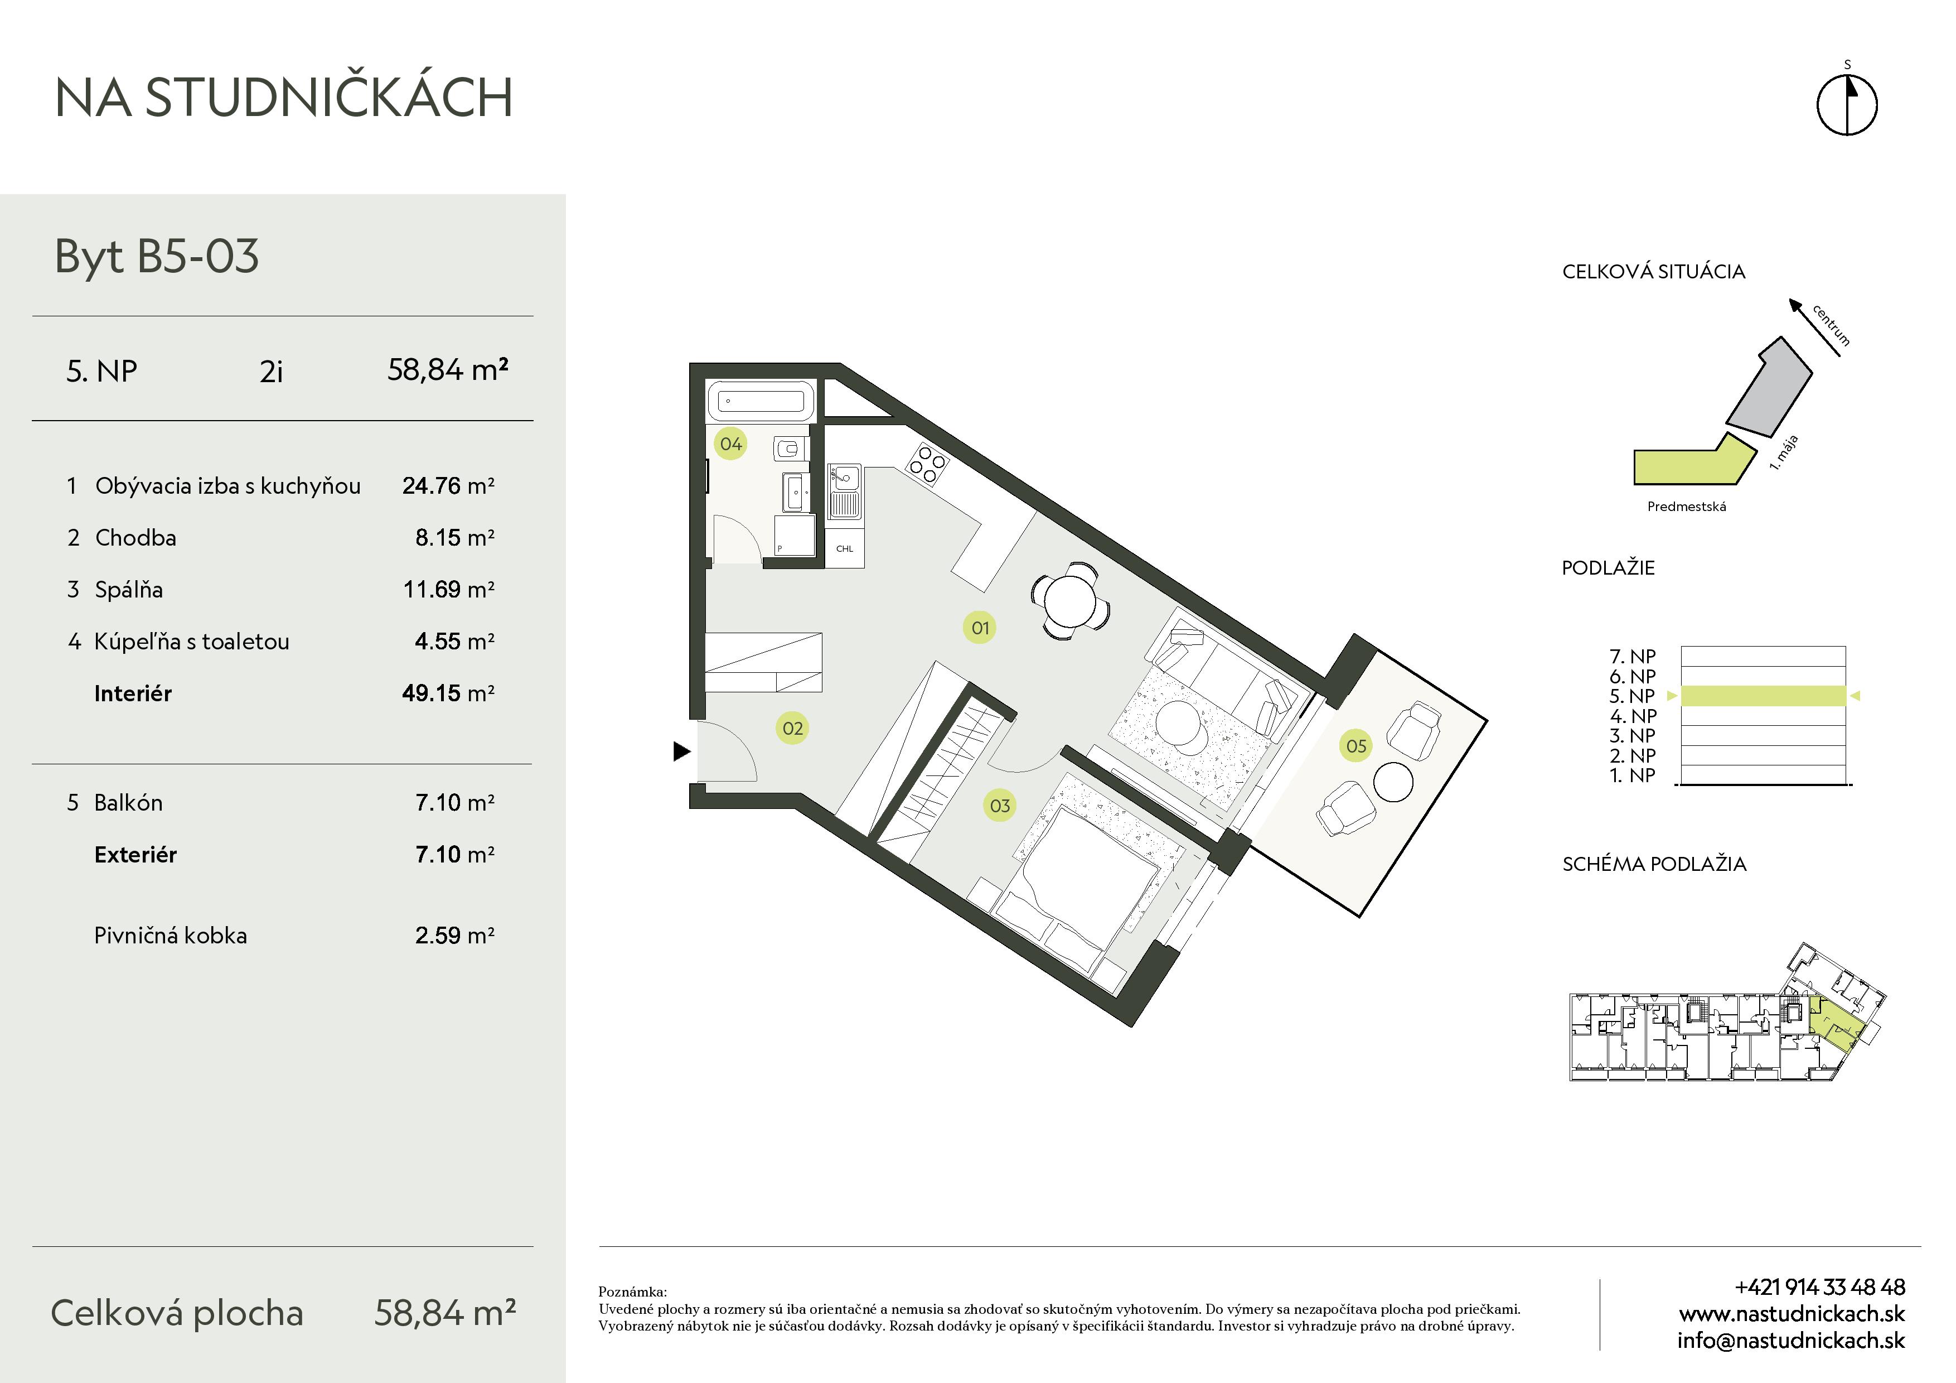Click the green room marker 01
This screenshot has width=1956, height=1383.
[980, 628]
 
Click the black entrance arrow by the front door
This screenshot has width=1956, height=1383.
[681, 751]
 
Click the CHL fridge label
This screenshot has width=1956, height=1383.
[844, 549]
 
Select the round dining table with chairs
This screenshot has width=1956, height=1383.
[1070, 601]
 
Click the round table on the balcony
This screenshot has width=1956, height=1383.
[1393, 782]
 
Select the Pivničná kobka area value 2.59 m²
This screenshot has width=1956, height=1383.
[455, 935]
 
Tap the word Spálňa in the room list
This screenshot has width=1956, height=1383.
[129, 590]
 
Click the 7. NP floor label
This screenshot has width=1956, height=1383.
[1632, 656]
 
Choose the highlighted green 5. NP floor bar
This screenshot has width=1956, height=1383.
[1764, 696]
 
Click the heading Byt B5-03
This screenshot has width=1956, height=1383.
[157, 257]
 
